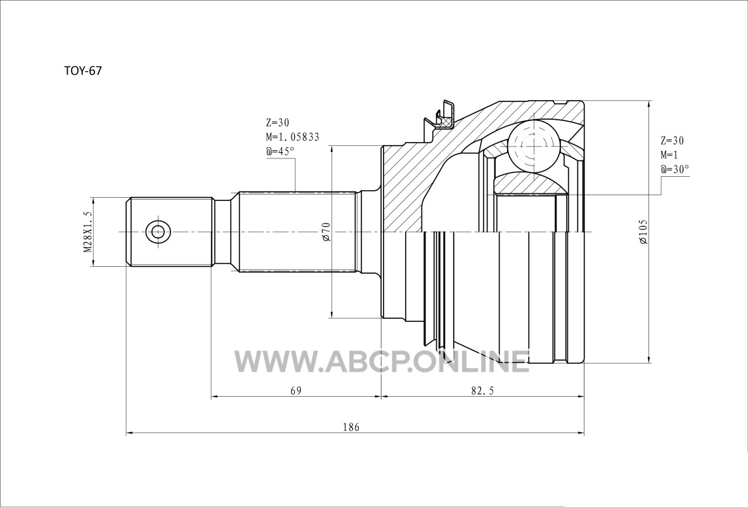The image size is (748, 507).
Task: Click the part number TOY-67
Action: (x=83, y=71)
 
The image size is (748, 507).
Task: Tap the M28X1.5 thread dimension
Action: (x=87, y=232)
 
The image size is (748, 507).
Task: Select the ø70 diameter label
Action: (x=326, y=231)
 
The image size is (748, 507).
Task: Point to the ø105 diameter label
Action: (x=643, y=233)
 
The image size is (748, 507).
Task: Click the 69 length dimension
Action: (x=296, y=390)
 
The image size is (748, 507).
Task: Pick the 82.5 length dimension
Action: (x=482, y=390)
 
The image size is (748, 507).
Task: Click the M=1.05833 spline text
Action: (x=292, y=138)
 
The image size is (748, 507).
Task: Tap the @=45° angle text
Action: (x=280, y=151)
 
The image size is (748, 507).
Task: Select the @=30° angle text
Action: (x=675, y=169)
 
